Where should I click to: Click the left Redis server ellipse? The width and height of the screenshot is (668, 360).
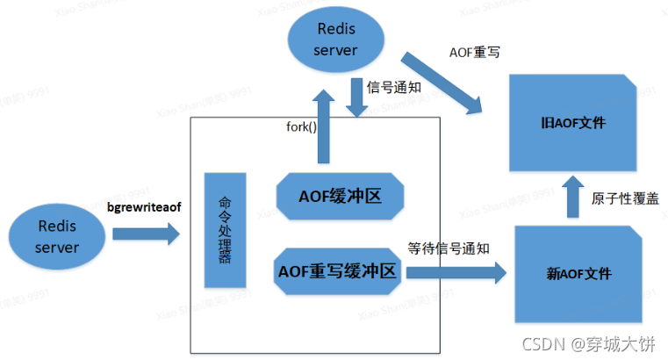tap(56, 235)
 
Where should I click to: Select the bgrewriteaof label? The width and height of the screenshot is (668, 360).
tap(143, 208)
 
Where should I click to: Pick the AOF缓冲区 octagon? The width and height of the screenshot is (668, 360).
tap(341, 195)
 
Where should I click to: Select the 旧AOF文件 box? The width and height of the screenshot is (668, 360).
tap(575, 122)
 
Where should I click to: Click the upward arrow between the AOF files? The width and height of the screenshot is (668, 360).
tap(571, 198)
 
